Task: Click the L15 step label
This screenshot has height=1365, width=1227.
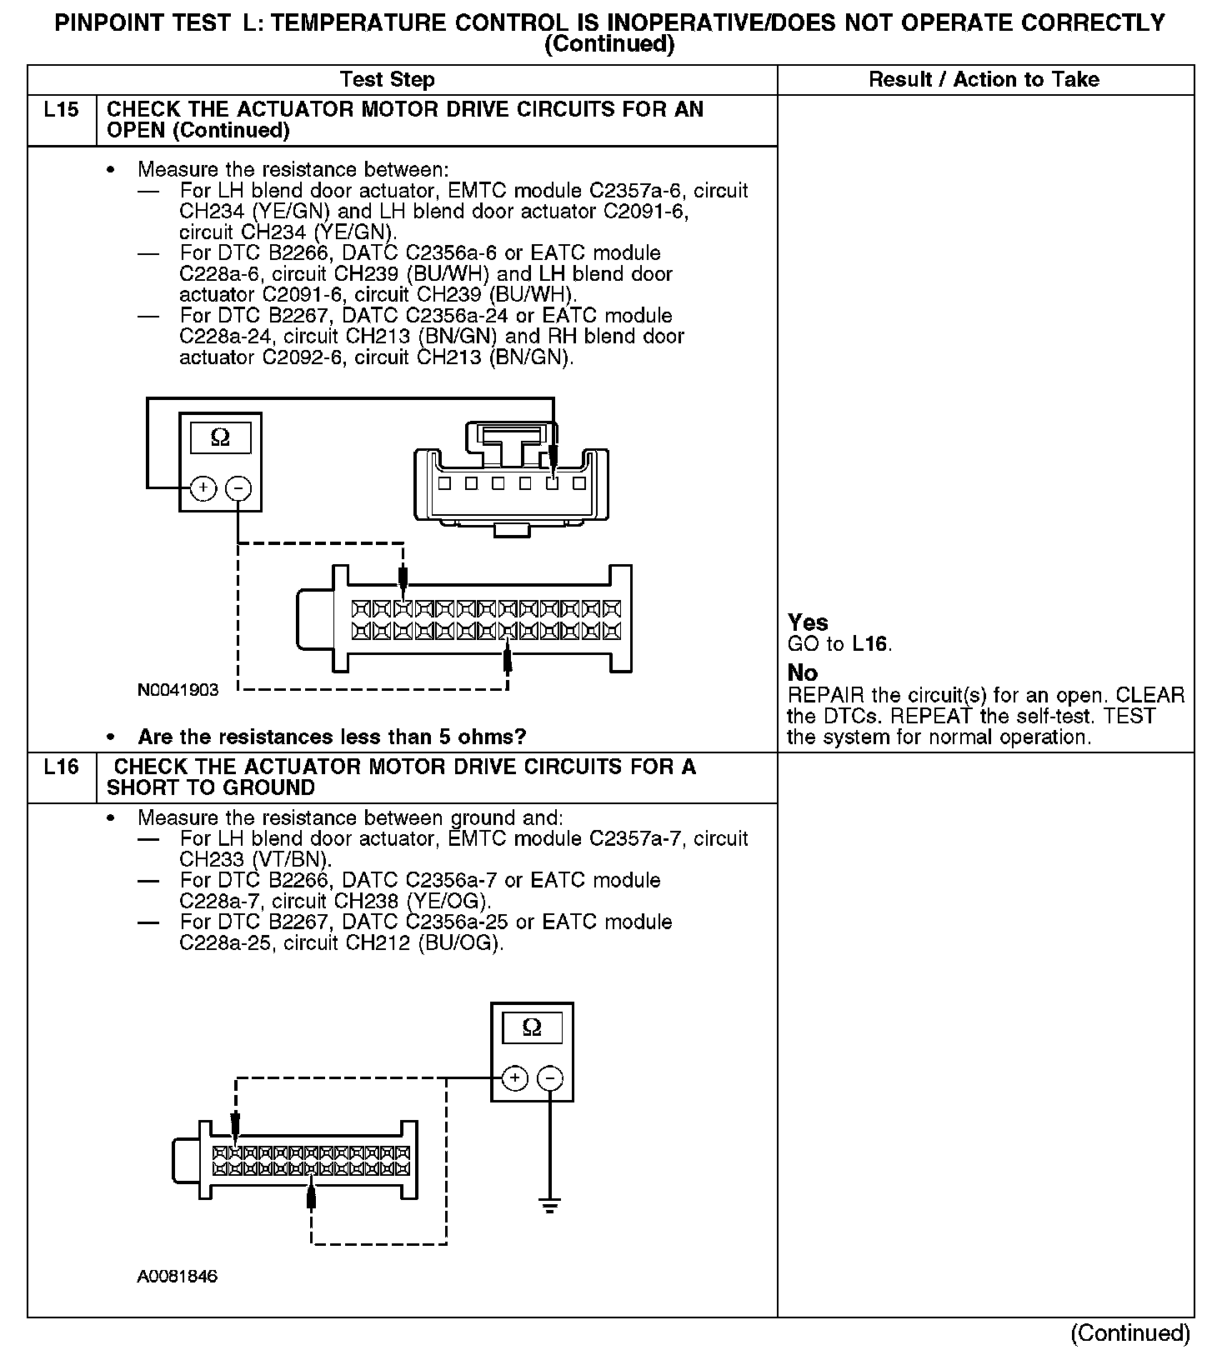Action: coord(61,110)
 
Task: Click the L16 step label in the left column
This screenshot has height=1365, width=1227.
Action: coord(61,767)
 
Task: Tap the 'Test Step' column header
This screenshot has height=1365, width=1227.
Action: coord(387,80)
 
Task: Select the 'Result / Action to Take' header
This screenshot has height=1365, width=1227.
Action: coord(984,80)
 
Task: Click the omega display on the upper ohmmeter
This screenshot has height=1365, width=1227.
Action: coord(220,437)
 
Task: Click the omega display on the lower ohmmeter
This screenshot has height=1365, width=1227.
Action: coord(532,1028)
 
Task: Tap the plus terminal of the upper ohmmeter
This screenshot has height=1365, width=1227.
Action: coord(203,487)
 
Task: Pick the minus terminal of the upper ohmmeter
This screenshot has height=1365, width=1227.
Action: coord(238,487)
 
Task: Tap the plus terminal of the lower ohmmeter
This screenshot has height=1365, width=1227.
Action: coord(515,1078)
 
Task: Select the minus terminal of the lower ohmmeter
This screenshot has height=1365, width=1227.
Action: coord(549,1078)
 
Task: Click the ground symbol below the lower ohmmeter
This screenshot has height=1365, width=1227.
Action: coord(549,1205)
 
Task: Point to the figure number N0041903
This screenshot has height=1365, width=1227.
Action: coord(178,690)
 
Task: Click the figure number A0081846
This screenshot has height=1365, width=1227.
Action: coord(178,1277)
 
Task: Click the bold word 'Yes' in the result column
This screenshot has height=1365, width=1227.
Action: coord(808,622)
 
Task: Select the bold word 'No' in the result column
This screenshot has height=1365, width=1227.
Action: coord(802,673)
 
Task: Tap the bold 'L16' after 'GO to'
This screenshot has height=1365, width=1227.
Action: coord(871,644)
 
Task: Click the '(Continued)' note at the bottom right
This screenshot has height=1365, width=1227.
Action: coord(1129,1333)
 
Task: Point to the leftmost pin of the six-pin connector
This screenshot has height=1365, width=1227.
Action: coord(444,483)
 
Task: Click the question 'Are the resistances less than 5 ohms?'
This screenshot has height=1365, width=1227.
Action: coord(332,737)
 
